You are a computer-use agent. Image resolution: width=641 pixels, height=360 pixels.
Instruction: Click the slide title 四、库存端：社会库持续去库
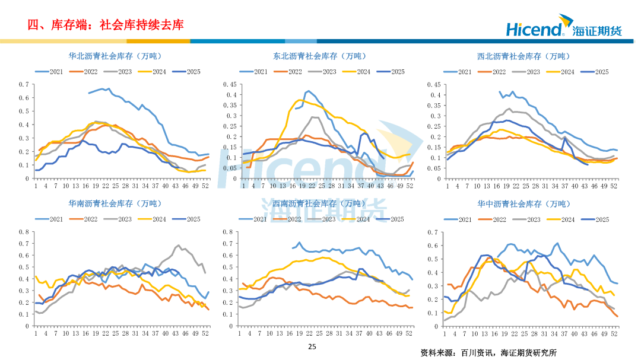click(x=106, y=24)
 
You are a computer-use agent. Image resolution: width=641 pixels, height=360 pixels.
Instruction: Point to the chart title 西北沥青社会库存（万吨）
click(x=523, y=56)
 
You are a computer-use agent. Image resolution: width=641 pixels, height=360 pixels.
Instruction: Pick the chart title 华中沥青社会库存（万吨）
click(x=523, y=204)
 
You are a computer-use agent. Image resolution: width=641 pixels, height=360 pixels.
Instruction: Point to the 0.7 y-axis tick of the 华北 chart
click(x=23, y=84)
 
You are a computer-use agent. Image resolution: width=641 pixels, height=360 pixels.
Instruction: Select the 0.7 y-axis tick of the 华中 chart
click(x=432, y=232)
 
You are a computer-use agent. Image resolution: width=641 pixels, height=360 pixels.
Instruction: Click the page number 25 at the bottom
click(x=313, y=347)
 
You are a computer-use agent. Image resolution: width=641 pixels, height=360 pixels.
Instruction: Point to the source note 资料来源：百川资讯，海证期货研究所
click(x=488, y=352)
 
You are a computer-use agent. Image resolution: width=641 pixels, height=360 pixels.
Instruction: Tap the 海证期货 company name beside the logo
click(x=598, y=30)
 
